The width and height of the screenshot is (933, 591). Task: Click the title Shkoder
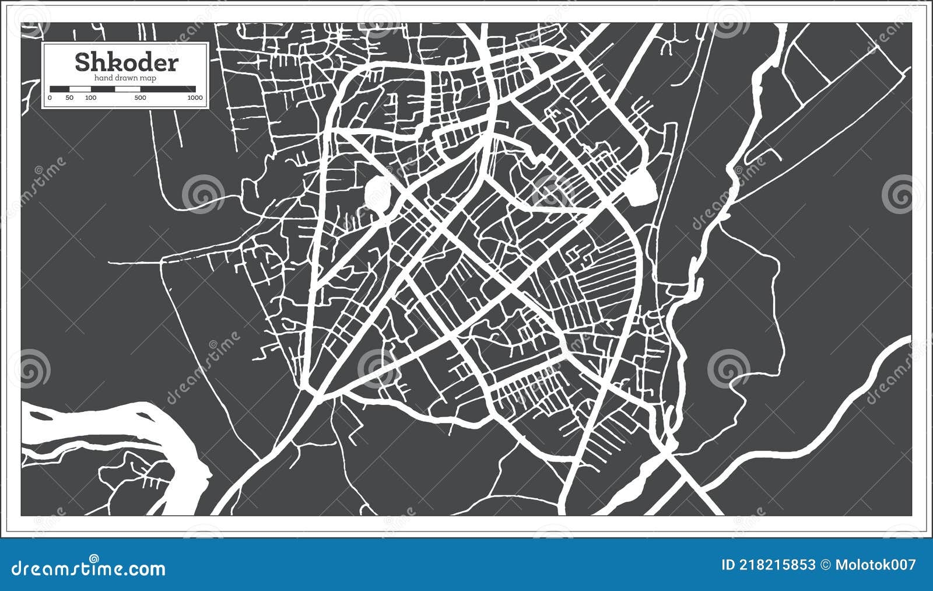point(127,62)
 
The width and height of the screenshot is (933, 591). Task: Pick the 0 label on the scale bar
point(50,97)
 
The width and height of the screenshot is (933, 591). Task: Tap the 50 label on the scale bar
point(69,97)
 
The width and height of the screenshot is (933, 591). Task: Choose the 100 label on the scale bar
point(90,97)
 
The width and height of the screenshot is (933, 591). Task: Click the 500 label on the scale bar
point(140,97)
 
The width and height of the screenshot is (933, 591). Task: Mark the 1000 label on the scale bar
point(195,97)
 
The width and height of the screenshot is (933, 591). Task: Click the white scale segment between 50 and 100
point(80,89)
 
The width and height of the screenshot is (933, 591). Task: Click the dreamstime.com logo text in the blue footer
point(89,568)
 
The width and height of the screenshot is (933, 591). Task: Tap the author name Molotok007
point(875,565)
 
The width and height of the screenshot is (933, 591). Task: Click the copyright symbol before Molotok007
point(825,565)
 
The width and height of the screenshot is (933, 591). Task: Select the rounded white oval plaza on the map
point(378,191)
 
